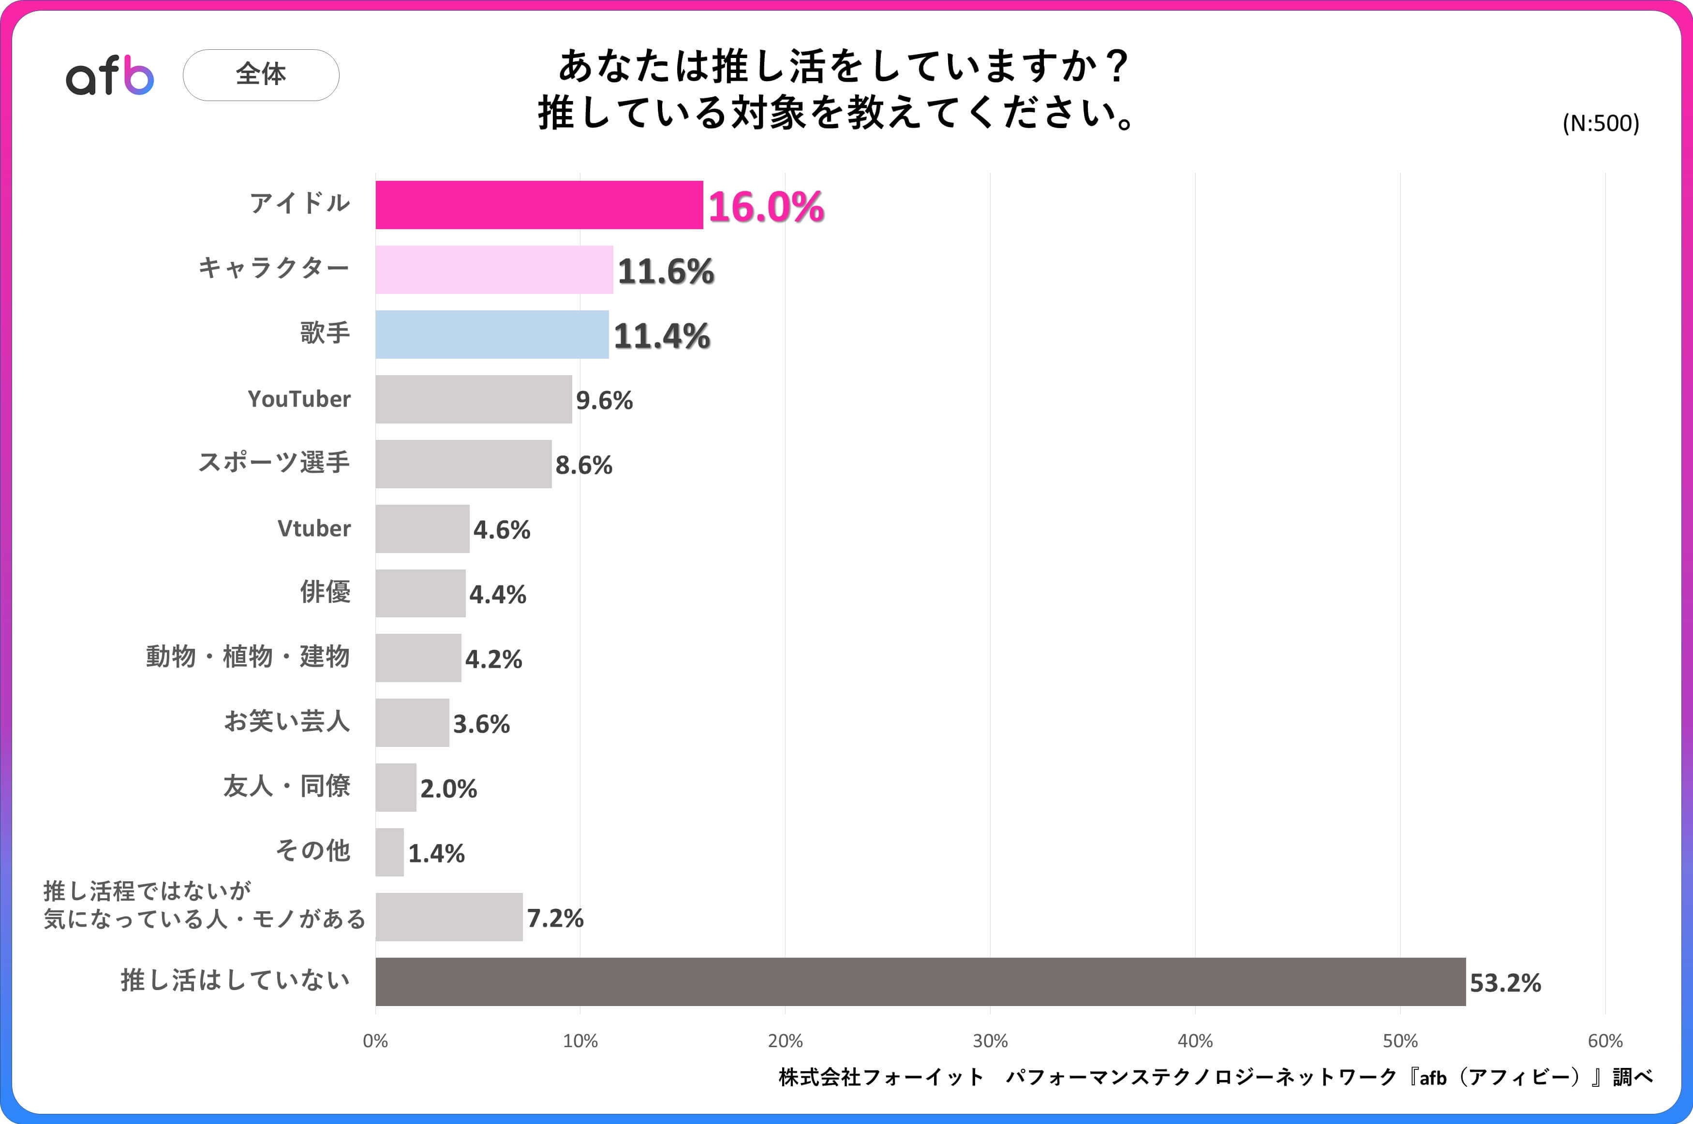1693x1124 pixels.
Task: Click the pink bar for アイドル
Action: click(539, 205)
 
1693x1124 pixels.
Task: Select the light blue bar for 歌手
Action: click(492, 335)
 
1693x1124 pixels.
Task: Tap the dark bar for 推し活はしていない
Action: click(920, 981)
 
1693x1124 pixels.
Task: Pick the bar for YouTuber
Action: click(473, 399)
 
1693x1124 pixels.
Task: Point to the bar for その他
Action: click(389, 852)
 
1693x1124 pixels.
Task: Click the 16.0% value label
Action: click(766, 207)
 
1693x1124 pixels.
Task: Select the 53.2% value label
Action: click(1505, 983)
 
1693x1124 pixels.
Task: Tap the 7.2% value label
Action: click(555, 918)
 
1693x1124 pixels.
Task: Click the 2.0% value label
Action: click(448, 788)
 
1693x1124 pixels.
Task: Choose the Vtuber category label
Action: click(314, 528)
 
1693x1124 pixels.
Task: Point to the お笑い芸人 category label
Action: click(287, 721)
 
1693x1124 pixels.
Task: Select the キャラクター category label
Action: click(274, 268)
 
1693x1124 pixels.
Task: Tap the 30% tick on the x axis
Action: click(990, 1041)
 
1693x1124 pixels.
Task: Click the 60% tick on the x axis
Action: click(1605, 1041)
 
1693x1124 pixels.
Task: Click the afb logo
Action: click(110, 75)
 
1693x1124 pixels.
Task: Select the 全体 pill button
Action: click(261, 74)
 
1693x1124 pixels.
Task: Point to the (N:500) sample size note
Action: click(1601, 123)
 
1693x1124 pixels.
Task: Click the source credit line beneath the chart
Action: click(1216, 1077)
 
